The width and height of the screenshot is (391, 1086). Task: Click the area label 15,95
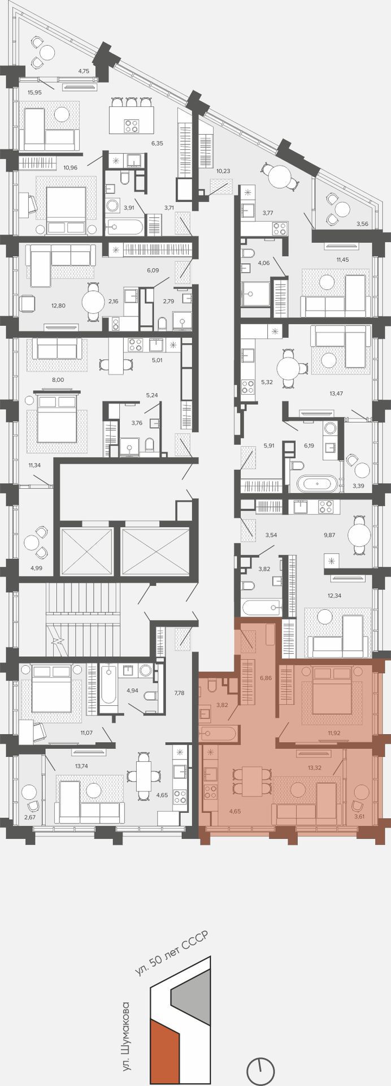click(x=35, y=92)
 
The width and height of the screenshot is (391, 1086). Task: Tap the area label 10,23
click(x=223, y=170)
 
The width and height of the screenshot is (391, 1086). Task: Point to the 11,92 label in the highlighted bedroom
click(x=334, y=732)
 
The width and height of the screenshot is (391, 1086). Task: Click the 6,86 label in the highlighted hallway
click(x=266, y=677)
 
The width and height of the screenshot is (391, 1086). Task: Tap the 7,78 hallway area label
click(x=180, y=692)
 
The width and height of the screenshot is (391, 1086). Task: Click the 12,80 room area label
click(x=58, y=305)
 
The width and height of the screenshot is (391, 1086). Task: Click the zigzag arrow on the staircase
click(x=57, y=641)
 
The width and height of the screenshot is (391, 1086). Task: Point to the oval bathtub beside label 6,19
click(x=318, y=484)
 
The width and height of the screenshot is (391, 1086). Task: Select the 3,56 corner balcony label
click(x=362, y=223)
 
